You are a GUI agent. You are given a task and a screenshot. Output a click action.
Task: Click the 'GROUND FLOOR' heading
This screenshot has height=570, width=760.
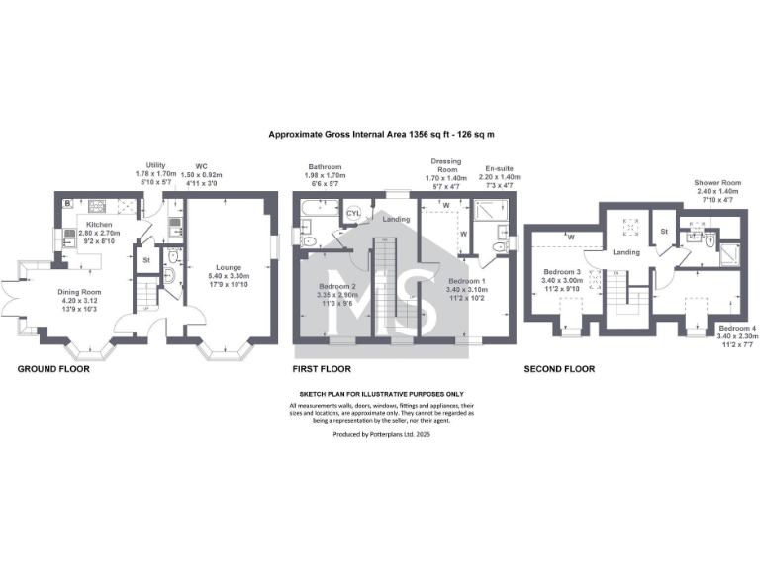click(53, 369)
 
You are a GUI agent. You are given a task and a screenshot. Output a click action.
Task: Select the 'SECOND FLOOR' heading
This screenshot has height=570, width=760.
click(559, 369)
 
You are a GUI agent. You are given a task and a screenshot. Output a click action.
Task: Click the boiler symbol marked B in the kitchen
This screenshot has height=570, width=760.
click(66, 203)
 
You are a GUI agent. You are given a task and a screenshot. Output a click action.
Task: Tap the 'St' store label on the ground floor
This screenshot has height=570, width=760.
click(145, 261)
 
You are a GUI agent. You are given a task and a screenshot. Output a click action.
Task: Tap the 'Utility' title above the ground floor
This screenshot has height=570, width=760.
click(155, 165)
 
